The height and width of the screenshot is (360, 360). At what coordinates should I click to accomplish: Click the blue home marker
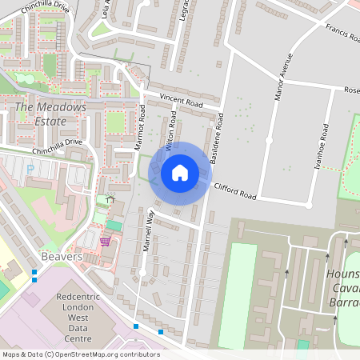coord(180,173)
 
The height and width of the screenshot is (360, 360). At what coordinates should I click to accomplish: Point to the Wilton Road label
coord(170,137)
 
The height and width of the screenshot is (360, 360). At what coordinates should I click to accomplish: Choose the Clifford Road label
coord(236,191)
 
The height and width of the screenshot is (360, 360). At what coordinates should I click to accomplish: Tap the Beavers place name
coord(61,258)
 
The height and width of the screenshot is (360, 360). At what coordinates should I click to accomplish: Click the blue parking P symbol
coord(30,169)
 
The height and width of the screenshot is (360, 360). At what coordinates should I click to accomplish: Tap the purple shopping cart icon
coord(105,241)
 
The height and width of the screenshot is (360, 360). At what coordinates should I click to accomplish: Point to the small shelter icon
coord(110,198)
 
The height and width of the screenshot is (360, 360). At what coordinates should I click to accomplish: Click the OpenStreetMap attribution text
coord(81,354)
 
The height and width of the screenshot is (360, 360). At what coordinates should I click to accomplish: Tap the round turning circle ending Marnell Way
coord(142,273)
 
